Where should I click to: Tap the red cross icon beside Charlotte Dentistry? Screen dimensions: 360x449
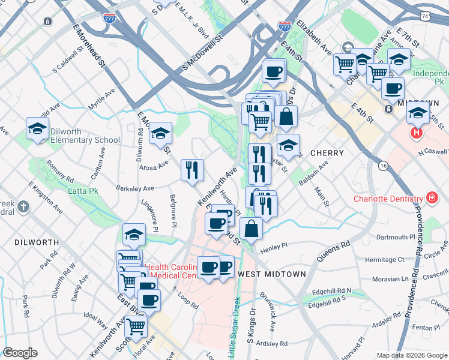pyautogui.click(x=431, y=197)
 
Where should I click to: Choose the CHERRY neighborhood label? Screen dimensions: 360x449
pyautogui.click(x=327, y=153)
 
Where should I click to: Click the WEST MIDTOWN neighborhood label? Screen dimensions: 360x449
pyautogui.click(x=272, y=274)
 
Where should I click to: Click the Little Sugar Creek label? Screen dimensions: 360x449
pyautogui.click(x=235, y=328)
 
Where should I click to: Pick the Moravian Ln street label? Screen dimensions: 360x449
pyautogui.click(x=388, y=279)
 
